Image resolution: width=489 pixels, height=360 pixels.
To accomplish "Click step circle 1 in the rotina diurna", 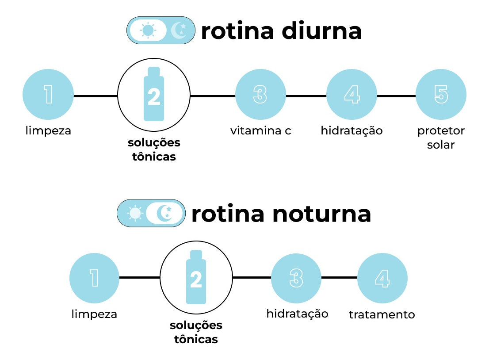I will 48,95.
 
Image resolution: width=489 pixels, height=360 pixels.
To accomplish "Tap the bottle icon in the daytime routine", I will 154,94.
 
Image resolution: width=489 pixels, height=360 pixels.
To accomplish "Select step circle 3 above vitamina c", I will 260,95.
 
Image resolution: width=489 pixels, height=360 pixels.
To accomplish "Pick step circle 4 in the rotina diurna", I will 351,95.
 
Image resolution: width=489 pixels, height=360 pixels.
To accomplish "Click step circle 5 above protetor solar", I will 441,95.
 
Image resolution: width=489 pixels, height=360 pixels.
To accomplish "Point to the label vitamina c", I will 260,131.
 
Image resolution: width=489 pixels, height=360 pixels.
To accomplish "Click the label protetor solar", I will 441,138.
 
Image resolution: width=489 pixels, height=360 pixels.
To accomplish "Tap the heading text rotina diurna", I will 281,31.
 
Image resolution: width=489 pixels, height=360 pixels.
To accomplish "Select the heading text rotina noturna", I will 281,214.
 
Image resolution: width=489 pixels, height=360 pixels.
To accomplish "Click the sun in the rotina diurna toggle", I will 148,31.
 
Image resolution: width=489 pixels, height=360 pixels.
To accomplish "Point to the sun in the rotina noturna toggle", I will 135,213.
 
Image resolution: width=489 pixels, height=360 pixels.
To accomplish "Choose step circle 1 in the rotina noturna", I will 94,278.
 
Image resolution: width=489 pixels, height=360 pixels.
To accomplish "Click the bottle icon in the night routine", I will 196,277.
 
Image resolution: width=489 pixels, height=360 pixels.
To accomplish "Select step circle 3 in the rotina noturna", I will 296,278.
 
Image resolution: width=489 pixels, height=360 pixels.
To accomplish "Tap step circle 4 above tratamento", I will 382,278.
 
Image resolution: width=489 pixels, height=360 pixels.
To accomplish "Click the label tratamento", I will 382,315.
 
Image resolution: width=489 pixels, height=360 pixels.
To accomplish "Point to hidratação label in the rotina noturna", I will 297,314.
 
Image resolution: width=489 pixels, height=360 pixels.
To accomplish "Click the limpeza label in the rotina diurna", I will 48,131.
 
